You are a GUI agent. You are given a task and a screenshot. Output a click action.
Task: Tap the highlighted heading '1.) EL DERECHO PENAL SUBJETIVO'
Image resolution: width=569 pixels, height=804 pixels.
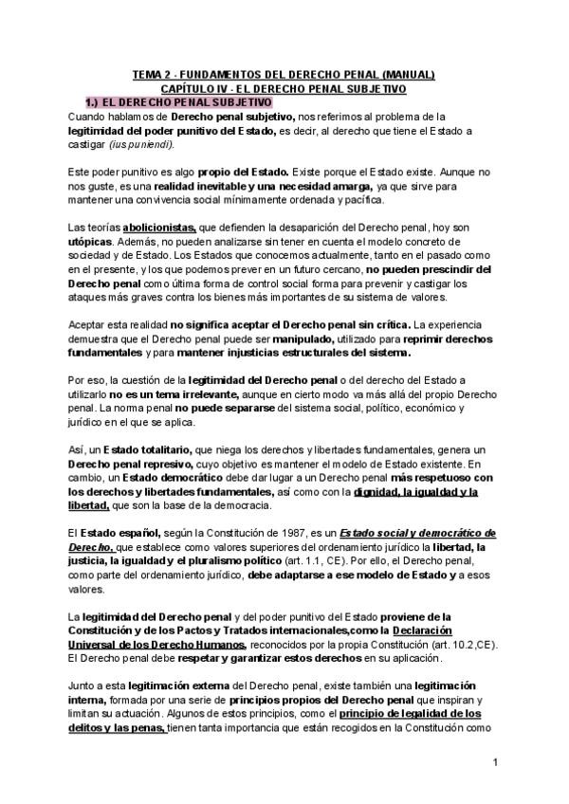pyautogui.click(x=180, y=101)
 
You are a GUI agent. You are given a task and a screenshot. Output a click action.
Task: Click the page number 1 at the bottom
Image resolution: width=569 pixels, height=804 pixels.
pyautogui.click(x=495, y=762)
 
